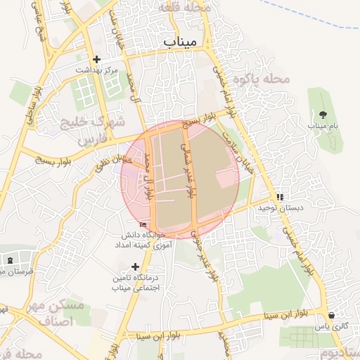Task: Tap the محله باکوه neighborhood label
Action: [262, 79]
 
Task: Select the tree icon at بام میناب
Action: [323, 114]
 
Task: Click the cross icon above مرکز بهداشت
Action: [96, 60]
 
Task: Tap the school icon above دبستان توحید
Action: [280, 197]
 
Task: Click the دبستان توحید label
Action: [279, 208]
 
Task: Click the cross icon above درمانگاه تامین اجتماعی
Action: [135, 266]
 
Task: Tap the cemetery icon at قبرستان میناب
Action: [9, 260]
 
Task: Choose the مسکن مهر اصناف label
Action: [53, 314]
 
